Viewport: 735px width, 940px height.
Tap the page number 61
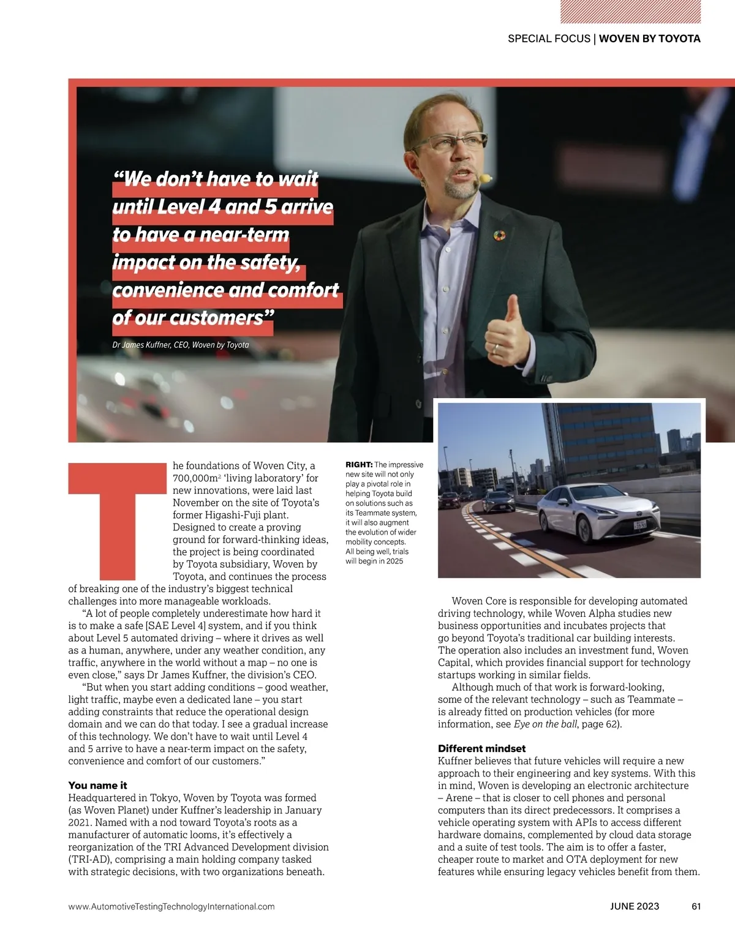point(695,906)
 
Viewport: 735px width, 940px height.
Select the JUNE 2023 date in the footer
point(635,906)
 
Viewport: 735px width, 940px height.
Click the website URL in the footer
point(171,906)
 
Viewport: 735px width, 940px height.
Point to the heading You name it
point(97,785)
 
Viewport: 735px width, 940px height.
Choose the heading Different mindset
point(481,748)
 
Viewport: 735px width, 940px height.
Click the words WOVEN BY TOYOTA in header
point(649,39)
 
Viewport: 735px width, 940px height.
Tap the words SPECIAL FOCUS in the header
point(549,39)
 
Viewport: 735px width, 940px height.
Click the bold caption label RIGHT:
point(359,465)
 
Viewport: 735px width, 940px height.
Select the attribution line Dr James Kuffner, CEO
point(181,345)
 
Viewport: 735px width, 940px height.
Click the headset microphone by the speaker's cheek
point(486,178)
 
